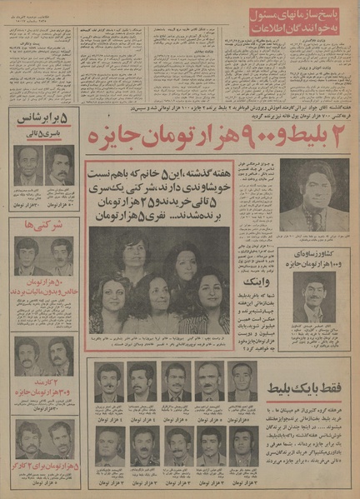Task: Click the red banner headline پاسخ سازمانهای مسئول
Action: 311,17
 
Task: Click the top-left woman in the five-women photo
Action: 134,254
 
